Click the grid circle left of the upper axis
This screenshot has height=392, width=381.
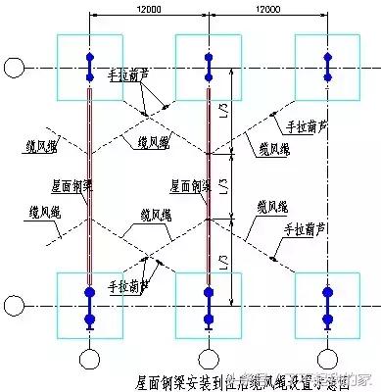pyautogui.click(x=13, y=68)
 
